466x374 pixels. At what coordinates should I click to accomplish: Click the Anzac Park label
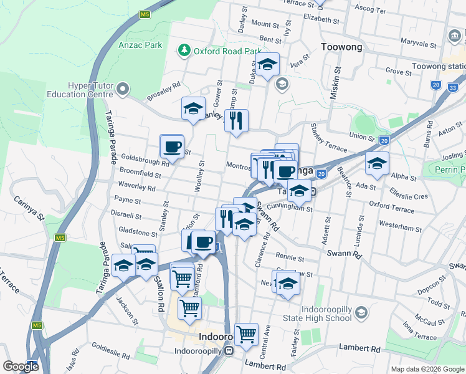click(x=141, y=45)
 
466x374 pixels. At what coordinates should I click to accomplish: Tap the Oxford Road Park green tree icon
click(x=184, y=50)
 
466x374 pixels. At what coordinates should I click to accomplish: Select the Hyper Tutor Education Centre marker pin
click(x=123, y=89)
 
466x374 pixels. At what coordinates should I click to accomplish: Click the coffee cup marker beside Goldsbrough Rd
click(x=171, y=147)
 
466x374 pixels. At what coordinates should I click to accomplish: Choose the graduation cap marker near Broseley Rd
click(x=193, y=108)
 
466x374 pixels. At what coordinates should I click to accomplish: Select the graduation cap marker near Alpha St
click(x=377, y=163)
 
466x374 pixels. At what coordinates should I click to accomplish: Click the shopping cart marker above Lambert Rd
click(x=247, y=334)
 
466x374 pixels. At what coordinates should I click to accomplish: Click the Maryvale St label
click(x=418, y=44)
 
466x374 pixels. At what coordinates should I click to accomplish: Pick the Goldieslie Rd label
click(x=108, y=347)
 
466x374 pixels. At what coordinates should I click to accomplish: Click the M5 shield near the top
click(x=145, y=14)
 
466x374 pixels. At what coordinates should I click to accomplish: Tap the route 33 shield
click(x=451, y=88)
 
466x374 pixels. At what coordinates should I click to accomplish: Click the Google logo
click(x=21, y=367)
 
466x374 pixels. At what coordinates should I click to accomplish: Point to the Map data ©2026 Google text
click(x=427, y=369)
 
